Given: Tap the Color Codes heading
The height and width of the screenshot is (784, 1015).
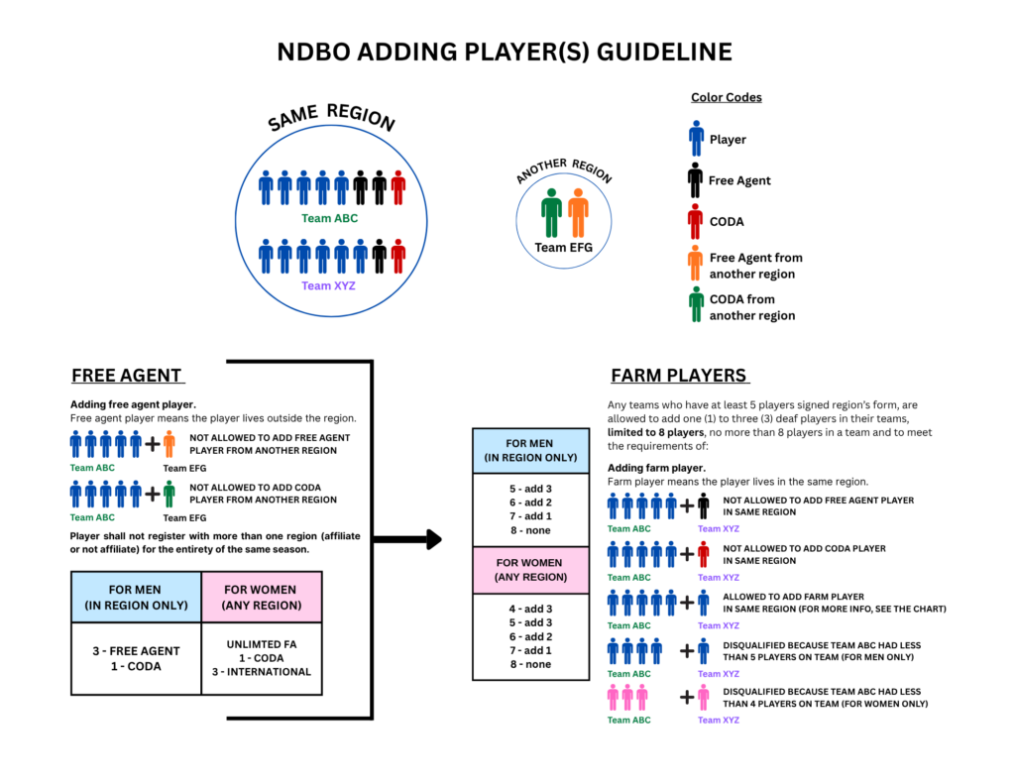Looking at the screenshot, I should point(726,98).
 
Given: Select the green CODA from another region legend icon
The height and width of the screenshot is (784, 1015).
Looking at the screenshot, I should point(696,306).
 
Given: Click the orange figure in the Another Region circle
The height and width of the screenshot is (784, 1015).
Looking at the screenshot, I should point(578,213).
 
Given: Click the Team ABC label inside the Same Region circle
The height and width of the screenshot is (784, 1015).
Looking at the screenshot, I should point(330,218).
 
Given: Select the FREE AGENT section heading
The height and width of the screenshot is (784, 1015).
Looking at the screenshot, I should point(127,376).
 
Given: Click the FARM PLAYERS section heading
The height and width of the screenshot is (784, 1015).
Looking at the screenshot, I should point(679,376).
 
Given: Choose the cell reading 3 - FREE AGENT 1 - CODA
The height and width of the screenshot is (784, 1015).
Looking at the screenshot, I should point(136,658).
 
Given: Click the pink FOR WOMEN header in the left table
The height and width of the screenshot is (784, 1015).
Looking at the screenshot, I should point(262,597).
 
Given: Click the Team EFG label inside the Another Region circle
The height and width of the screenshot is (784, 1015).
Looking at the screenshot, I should point(563,248).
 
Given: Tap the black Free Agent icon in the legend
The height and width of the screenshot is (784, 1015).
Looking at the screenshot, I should point(696,180).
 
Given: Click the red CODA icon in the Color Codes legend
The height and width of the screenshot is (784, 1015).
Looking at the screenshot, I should point(696,222).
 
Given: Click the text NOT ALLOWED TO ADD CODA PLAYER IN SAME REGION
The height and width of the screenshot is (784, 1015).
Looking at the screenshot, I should point(804,554).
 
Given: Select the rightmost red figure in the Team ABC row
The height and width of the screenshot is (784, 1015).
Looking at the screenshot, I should point(397,187).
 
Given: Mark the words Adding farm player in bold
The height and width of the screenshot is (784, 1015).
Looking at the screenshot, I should point(655,468).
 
